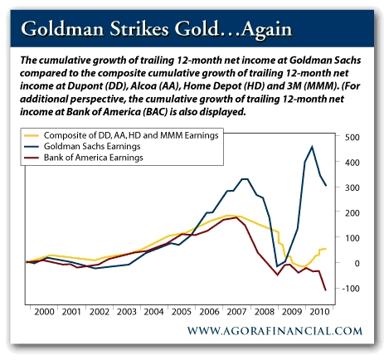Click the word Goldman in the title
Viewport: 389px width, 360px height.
(x=62, y=29)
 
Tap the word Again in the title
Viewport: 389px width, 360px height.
(x=266, y=30)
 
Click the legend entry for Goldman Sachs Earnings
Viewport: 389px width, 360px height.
(x=92, y=146)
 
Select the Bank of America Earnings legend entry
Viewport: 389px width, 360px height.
(x=94, y=158)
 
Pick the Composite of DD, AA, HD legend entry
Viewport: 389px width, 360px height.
(x=131, y=135)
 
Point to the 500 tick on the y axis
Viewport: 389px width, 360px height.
(x=352, y=137)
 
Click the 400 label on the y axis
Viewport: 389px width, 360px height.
(x=352, y=163)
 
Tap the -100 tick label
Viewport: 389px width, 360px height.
(x=350, y=289)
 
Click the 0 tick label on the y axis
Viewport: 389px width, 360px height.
(x=357, y=263)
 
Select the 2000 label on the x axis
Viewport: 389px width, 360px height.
(x=44, y=312)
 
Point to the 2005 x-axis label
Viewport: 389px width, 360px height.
(x=182, y=312)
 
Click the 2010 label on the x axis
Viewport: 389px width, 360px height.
(x=319, y=312)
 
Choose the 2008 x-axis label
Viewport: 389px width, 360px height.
(x=265, y=312)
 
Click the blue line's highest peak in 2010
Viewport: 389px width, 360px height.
(x=312, y=147)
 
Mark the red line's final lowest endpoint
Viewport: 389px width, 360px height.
(x=326, y=290)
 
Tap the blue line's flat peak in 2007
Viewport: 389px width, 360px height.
(x=245, y=179)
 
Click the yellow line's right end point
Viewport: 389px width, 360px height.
(x=326, y=249)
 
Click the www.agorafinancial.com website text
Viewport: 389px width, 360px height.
(x=275, y=331)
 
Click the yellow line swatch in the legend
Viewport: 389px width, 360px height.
(x=32, y=135)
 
